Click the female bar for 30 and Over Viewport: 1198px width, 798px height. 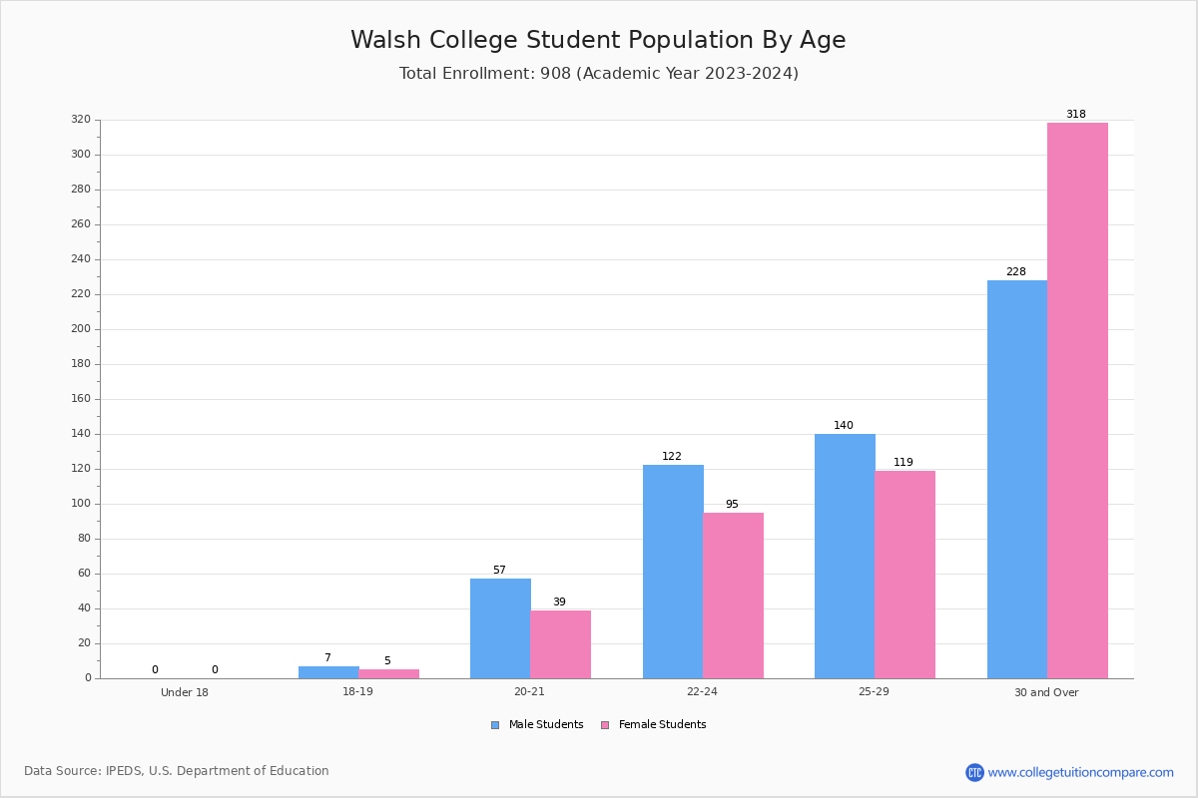click(x=1077, y=400)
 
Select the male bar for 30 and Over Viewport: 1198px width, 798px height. click(x=1017, y=480)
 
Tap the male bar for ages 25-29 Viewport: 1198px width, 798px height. click(x=845, y=556)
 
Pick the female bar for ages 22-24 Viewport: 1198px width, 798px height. click(x=733, y=596)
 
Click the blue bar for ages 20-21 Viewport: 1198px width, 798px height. click(x=500, y=628)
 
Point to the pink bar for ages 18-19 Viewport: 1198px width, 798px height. click(x=388, y=674)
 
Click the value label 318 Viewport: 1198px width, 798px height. click(x=1076, y=114)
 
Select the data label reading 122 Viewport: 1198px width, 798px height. click(x=672, y=456)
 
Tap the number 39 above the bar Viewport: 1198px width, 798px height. click(x=559, y=601)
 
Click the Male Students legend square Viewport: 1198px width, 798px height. click(x=495, y=725)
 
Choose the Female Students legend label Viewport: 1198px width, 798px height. click(x=662, y=724)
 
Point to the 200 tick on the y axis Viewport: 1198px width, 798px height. click(x=81, y=329)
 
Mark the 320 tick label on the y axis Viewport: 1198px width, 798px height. click(x=81, y=119)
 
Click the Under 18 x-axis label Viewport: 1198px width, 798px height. click(x=185, y=692)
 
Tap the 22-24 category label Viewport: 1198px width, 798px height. click(x=702, y=691)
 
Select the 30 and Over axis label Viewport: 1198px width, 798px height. click(x=1046, y=692)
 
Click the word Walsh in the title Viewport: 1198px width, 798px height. click(x=385, y=40)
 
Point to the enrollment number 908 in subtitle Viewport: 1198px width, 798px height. click(x=556, y=73)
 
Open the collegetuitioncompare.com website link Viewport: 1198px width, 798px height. click(x=1081, y=772)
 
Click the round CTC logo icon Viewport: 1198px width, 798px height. click(x=974, y=772)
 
